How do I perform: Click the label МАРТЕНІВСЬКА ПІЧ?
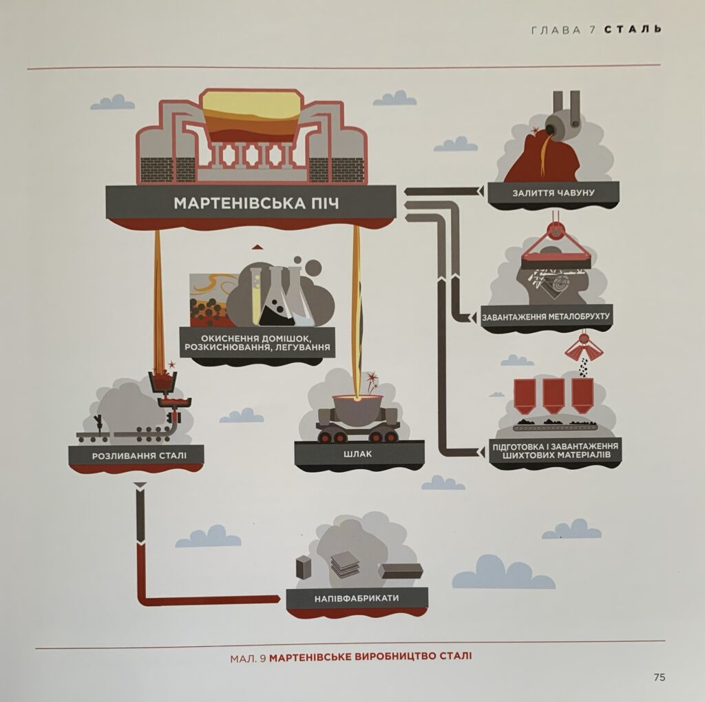pyautogui.click(x=256, y=203)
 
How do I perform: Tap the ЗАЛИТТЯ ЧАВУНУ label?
pyautogui.click(x=554, y=193)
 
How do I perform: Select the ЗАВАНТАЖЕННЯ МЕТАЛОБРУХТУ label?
pyautogui.click(x=546, y=317)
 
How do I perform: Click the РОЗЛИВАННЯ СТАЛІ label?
pyautogui.click(x=139, y=456)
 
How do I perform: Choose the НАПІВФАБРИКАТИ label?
pyautogui.click(x=357, y=599)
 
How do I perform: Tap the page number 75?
pyautogui.click(x=659, y=677)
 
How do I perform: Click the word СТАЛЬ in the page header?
pyautogui.click(x=633, y=30)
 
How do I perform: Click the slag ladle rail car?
pyautogui.click(x=357, y=418)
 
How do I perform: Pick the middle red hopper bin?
pyautogui.click(x=554, y=396)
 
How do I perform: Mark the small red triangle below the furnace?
pyautogui.click(x=256, y=247)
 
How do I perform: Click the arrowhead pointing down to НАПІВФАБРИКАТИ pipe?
pyautogui.click(x=140, y=486)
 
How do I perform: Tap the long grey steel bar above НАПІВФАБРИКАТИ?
pyautogui.click(x=401, y=570)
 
